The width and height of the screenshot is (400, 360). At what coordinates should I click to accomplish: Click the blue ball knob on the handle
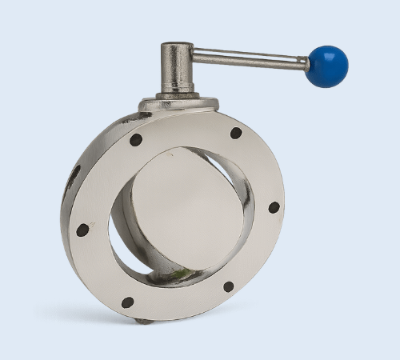tap(327, 66)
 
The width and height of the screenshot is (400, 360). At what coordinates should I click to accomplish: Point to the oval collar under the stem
tap(178, 103)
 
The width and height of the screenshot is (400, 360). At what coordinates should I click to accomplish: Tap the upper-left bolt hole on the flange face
tap(136, 139)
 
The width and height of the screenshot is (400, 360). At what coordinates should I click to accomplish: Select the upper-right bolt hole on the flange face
tap(236, 133)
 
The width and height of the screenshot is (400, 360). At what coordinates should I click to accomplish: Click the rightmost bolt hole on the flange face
tap(274, 207)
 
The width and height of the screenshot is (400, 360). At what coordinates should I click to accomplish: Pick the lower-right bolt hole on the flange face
tap(229, 286)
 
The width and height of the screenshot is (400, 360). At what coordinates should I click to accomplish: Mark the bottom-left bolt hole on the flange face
tap(127, 302)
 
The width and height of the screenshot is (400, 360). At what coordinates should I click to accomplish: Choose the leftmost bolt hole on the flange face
tap(82, 230)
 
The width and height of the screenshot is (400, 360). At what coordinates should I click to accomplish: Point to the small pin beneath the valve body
tap(142, 321)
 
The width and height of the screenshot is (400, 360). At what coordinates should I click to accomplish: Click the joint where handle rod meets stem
tap(193, 57)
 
